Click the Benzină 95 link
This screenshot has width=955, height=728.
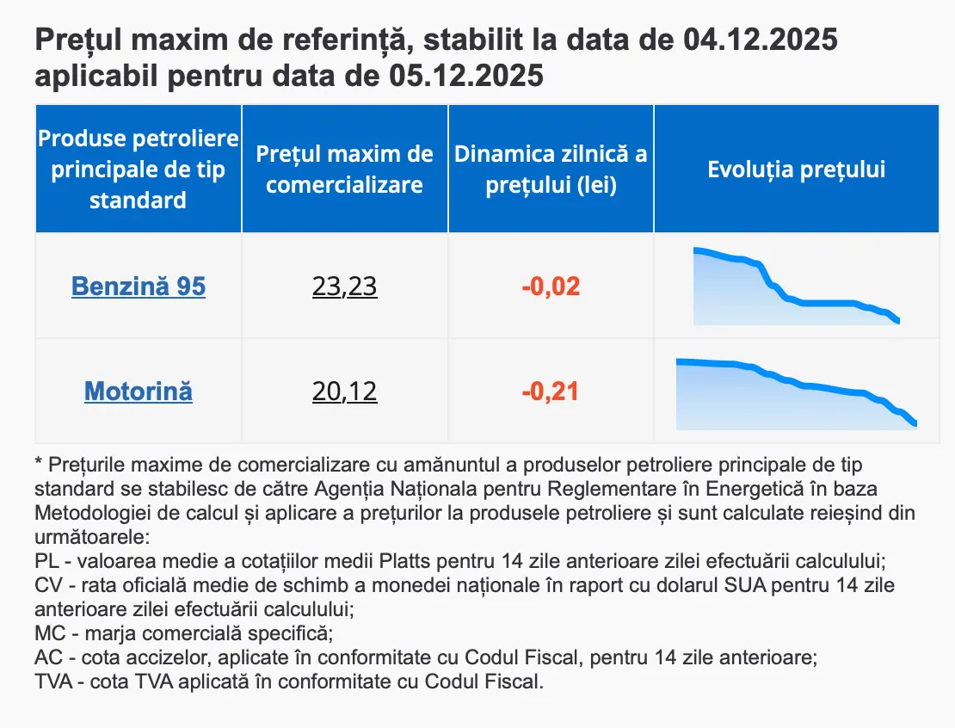tap(139, 286)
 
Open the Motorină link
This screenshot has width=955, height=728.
tap(139, 392)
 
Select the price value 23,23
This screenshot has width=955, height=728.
tap(344, 286)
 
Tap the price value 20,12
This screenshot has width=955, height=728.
tap(344, 392)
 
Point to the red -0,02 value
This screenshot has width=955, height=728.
tap(551, 286)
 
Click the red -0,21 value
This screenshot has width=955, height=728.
tap(551, 392)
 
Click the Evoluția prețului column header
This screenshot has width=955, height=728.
tap(796, 170)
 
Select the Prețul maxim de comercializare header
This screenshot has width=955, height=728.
tap(344, 170)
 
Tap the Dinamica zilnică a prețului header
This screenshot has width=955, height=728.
tap(551, 170)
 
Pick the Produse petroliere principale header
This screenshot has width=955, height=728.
tap(139, 170)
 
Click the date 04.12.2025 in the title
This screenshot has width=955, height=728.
tap(761, 40)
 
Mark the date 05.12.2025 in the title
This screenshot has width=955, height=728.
tap(465, 77)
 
